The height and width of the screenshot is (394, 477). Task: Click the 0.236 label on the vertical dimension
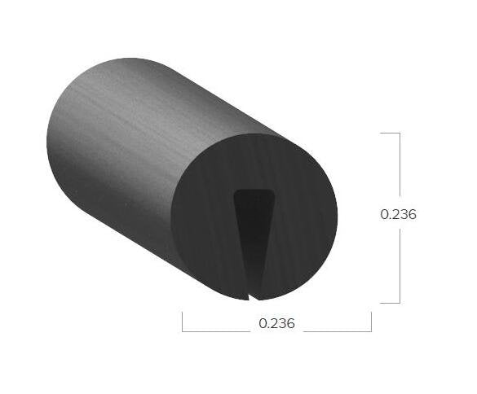click(399, 215)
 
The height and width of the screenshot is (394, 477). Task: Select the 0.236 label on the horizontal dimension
click(276, 323)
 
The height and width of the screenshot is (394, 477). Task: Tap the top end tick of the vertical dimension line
click(390, 133)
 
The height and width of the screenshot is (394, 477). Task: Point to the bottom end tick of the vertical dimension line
click(390, 303)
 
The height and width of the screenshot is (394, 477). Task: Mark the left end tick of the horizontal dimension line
click(182, 322)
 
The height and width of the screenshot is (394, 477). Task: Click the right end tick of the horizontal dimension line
click(371, 322)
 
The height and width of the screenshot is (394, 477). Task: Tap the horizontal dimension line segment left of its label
click(216, 331)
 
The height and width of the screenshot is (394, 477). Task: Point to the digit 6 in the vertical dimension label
click(413, 215)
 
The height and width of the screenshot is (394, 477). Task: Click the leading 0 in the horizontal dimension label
click(263, 323)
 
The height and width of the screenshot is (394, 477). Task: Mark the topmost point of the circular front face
click(254, 134)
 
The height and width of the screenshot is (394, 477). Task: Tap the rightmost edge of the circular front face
click(337, 217)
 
